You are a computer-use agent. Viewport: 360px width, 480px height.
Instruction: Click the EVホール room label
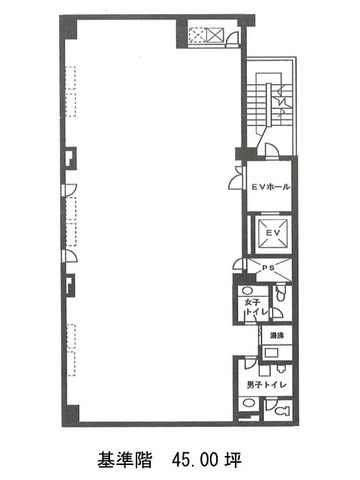coord(271,187)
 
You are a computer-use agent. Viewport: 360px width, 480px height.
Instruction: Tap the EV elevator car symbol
coord(273,233)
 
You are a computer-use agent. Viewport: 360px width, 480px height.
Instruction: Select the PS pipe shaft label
coord(268,268)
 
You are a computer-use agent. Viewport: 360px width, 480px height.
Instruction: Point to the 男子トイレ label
coord(266,385)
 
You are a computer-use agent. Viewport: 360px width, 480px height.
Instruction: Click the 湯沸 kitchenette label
coord(277,335)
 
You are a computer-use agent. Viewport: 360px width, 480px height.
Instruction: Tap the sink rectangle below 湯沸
coord(271,352)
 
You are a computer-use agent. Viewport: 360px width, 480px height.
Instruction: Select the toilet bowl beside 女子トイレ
coord(280,293)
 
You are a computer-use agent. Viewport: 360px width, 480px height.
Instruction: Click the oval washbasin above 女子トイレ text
coord(247,290)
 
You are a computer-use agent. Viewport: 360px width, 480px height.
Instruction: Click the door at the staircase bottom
coord(271,150)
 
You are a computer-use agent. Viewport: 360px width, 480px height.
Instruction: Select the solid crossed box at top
coord(215,35)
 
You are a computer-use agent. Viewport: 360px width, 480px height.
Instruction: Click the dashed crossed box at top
coord(196,35)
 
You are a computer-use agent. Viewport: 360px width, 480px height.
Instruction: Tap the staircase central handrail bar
coord(268,104)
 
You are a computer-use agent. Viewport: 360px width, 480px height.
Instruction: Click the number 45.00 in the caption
coord(195,460)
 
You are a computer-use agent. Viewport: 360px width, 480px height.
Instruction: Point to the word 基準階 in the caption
coord(124,460)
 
